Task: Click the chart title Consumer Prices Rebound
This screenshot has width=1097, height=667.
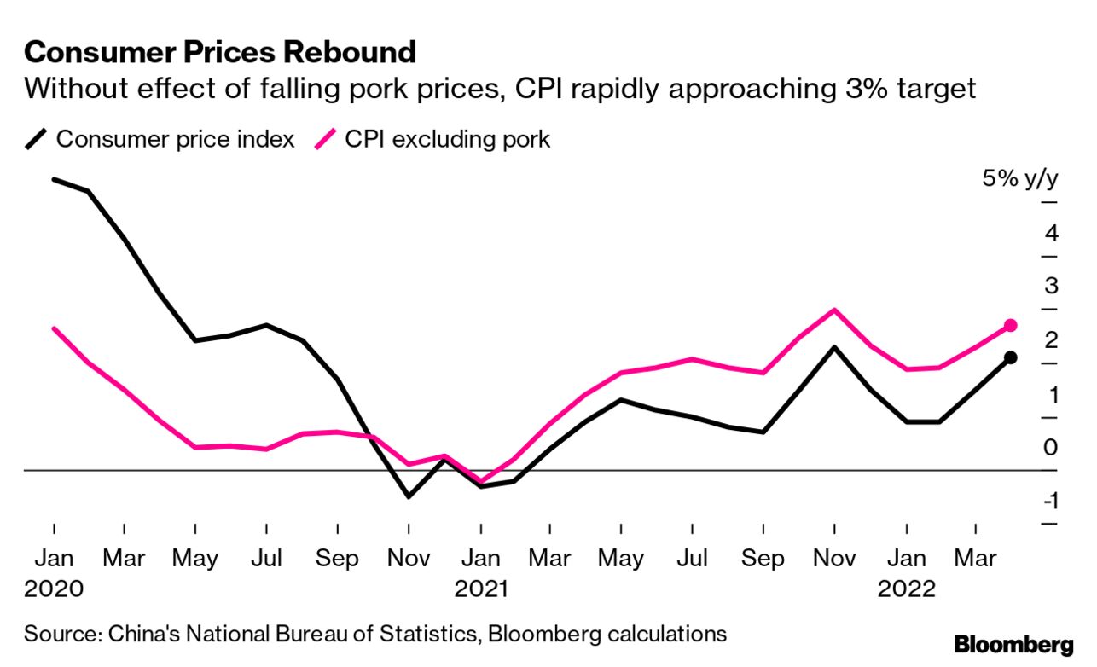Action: coord(220,53)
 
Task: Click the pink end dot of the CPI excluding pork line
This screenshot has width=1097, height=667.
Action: coord(1011,325)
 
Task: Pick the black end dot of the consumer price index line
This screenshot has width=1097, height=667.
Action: coord(1011,357)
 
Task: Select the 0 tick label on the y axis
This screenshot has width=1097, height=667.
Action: coord(1050,447)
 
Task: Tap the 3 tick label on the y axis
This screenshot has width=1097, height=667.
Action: coord(1050,286)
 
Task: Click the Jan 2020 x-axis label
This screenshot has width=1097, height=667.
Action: coord(54,559)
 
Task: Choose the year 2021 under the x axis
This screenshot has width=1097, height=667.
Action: coord(481,589)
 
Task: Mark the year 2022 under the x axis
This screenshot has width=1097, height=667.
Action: coord(907,589)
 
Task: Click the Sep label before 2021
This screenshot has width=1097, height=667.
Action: coord(337,559)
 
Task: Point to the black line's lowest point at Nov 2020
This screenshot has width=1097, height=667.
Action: coord(409,496)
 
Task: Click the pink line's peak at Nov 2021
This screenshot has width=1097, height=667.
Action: coord(834,310)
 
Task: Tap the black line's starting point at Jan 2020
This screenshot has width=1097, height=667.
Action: coord(54,179)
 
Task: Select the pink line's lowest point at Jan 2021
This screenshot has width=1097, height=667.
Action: coord(481,481)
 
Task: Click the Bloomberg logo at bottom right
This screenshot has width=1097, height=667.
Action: coord(1013,644)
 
